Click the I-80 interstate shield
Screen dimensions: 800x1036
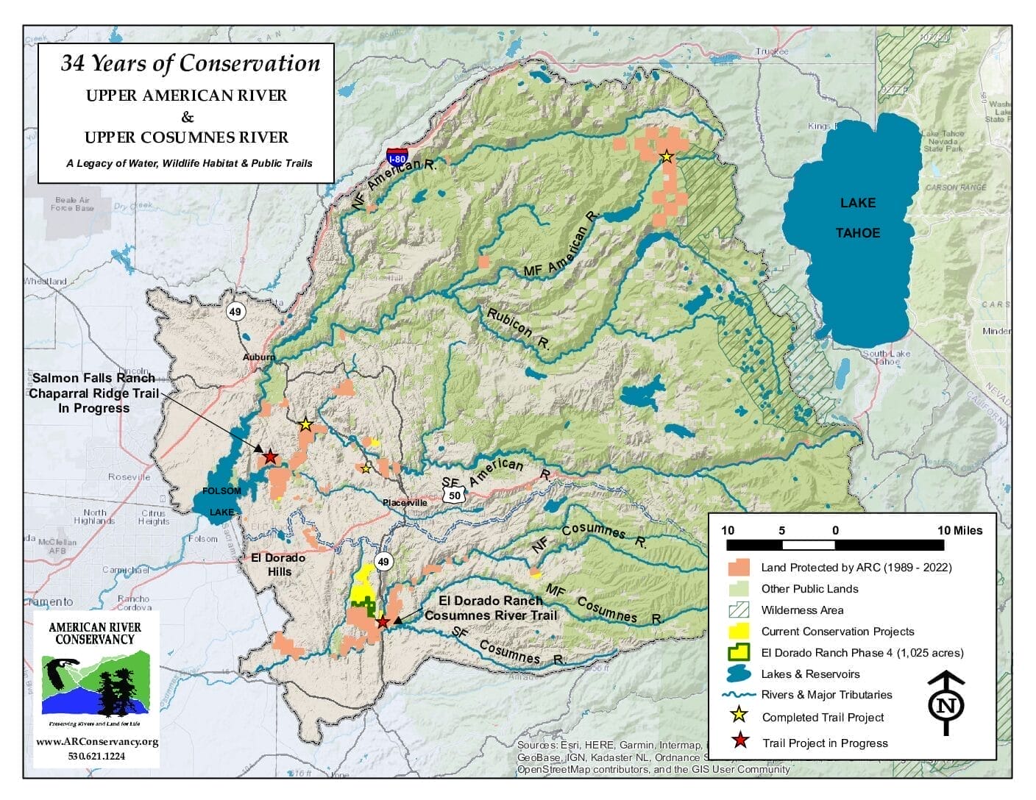click(x=397, y=155)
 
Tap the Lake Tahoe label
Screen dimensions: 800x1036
click(x=857, y=218)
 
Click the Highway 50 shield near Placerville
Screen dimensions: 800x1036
click(x=455, y=495)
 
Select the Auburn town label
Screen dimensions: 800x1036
click(x=259, y=357)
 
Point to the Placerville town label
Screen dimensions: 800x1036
click(x=405, y=503)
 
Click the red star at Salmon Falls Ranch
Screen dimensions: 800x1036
click(x=270, y=457)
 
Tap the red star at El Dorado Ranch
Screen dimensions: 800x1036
click(x=383, y=622)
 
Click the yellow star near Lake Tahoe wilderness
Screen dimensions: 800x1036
click(x=666, y=156)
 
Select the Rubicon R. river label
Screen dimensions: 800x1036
click(x=518, y=328)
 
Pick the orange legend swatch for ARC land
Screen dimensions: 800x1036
click(x=738, y=568)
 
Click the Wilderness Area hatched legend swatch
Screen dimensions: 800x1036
click(x=738, y=610)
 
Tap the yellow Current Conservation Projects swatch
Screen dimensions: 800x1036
click(x=738, y=632)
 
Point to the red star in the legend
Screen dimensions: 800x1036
click(x=739, y=742)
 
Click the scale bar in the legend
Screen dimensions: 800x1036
click(x=835, y=545)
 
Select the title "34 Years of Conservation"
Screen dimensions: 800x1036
click(x=190, y=64)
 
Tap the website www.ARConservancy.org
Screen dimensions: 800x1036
click(x=97, y=741)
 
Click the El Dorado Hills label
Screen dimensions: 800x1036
click(x=278, y=565)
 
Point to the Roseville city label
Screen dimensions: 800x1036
click(x=129, y=477)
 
